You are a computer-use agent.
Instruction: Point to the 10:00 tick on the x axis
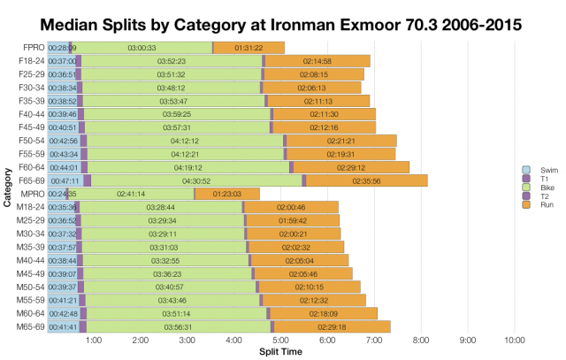515,340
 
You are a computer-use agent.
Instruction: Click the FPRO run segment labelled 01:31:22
249,47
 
